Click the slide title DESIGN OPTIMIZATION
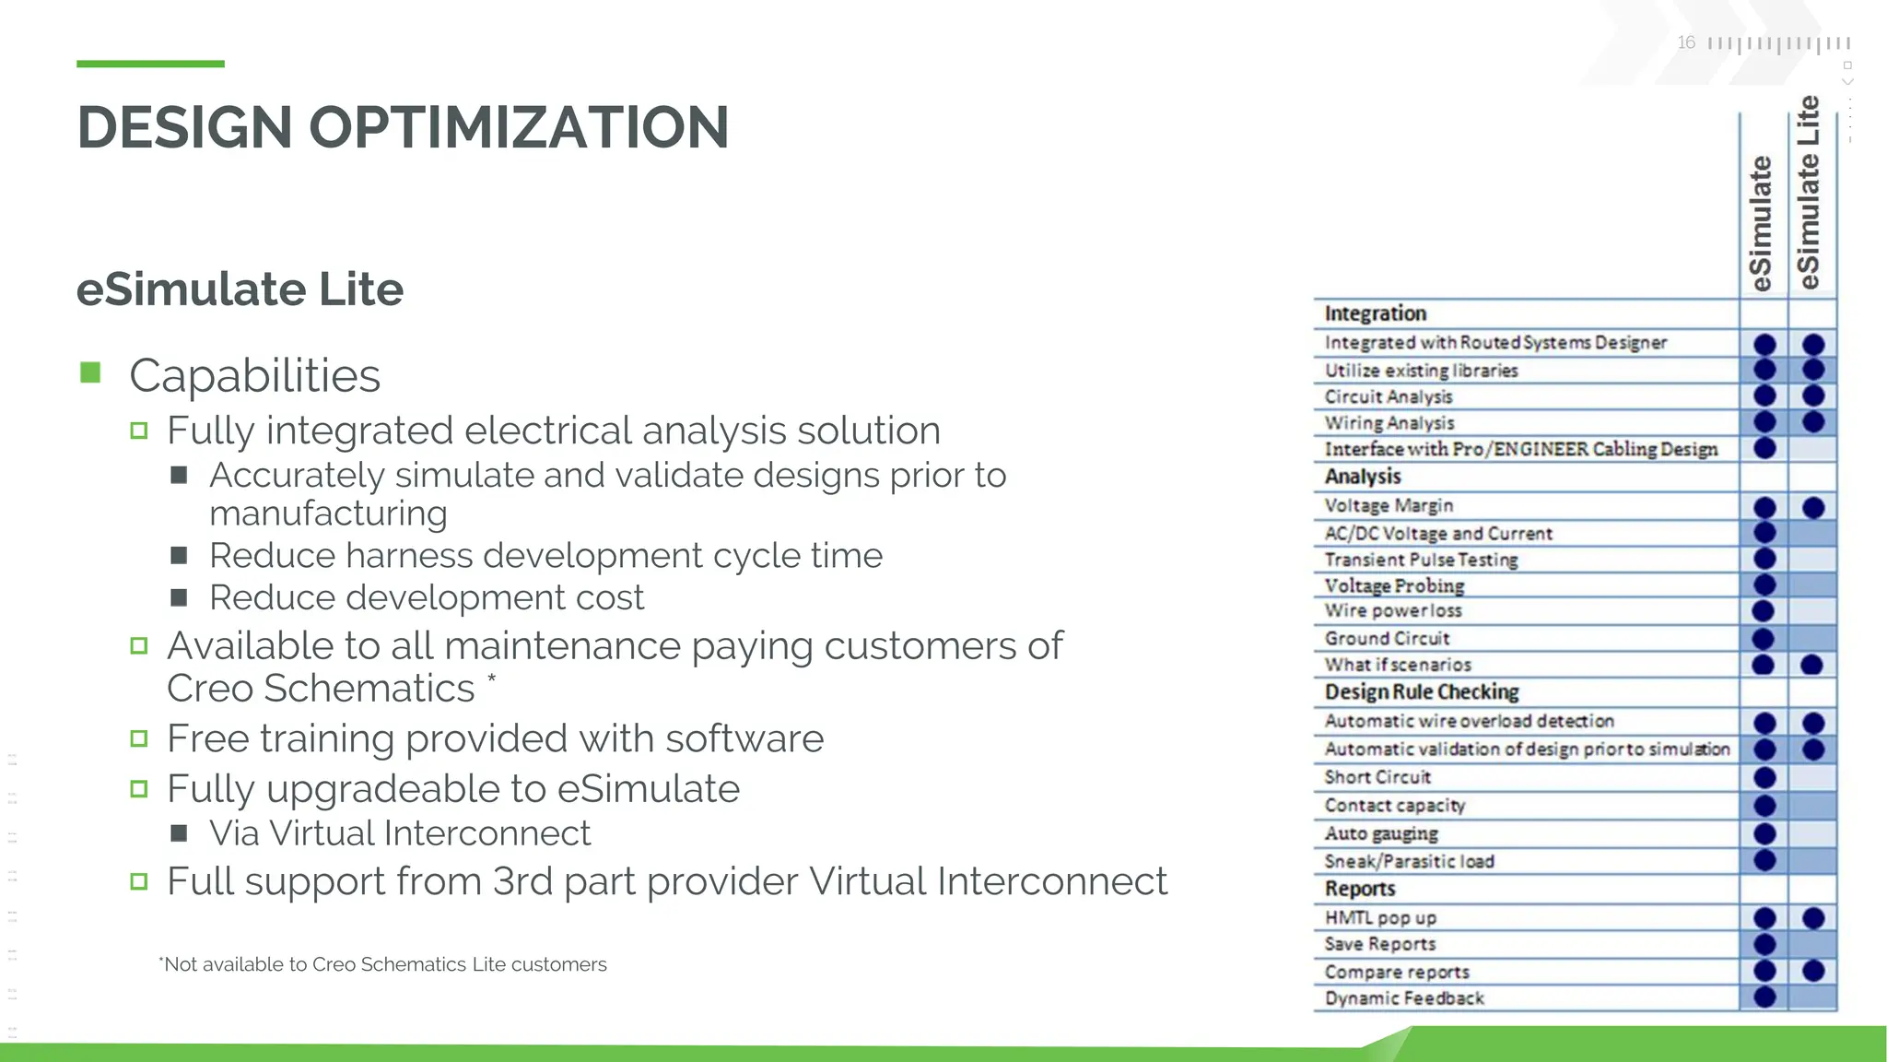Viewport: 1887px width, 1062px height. click(x=403, y=127)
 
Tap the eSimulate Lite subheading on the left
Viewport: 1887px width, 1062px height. click(x=240, y=289)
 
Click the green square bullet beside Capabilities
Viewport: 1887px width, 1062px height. click(x=90, y=372)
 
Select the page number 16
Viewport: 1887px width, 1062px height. click(x=1686, y=42)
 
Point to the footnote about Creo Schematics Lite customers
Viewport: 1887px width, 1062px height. click(x=382, y=964)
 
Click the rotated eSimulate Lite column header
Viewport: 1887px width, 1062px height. click(x=1809, y=194)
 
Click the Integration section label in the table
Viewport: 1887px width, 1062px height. click(x=1375, y=313)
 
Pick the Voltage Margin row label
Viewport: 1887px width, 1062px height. click(x=1389, y=505)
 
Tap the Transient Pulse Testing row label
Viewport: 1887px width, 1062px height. click(x=1421, y=560)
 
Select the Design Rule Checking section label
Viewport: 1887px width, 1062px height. click(x=1422, y=691)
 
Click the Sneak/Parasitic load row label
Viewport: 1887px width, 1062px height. click(x=1409, y=861)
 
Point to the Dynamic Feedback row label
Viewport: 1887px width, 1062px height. click(x=1404, y=998)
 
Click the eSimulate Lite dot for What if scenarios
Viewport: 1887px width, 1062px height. click(x=1811, y=665)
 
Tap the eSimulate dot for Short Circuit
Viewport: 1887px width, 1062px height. click(x=1764, y=777)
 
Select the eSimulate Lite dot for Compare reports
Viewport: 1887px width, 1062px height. click(x=1812, y=971)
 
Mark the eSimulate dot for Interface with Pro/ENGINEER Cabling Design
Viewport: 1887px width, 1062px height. click(x=1764, y=449)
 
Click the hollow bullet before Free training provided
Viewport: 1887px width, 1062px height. click(x=139, y=738)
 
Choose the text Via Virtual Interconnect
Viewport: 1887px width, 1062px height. click(x=399, y=833)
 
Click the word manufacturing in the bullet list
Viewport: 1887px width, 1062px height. click(x=328, y=513)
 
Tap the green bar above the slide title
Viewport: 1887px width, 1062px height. click(x=150, y=64)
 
